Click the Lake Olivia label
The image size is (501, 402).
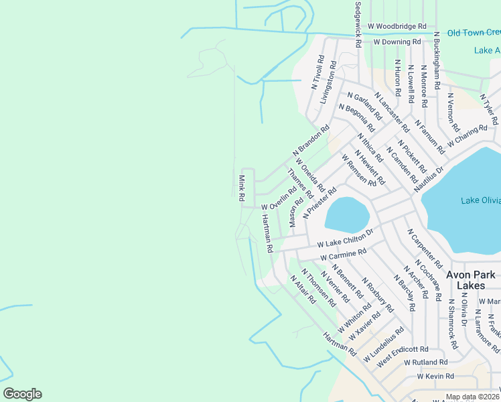click(x=481, y=200)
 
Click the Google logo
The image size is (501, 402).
click(x=22, y=394)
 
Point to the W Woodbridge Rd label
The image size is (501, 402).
click(x=397, y=25)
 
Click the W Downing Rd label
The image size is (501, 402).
click(x=397, y=42)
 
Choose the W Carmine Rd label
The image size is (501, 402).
click(x=343, y=255)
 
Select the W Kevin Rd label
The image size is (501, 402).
click(x=435, y=377)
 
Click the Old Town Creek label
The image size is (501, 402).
click(x=473, y=32)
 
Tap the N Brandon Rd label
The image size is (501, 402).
click(x=311, y=144)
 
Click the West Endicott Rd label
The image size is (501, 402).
click(x=402, y=349)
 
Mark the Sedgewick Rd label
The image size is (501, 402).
click(x=358, y=24)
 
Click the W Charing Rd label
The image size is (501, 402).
click(x=467, y=136)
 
